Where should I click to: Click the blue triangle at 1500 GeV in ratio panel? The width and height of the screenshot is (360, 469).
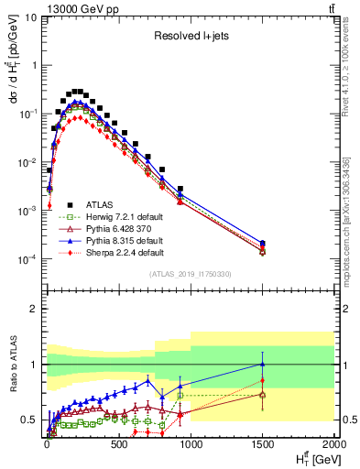point(263,364)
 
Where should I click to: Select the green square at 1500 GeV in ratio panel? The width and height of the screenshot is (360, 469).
point(263,395)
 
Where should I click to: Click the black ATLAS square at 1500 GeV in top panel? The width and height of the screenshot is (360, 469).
point(263,243)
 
